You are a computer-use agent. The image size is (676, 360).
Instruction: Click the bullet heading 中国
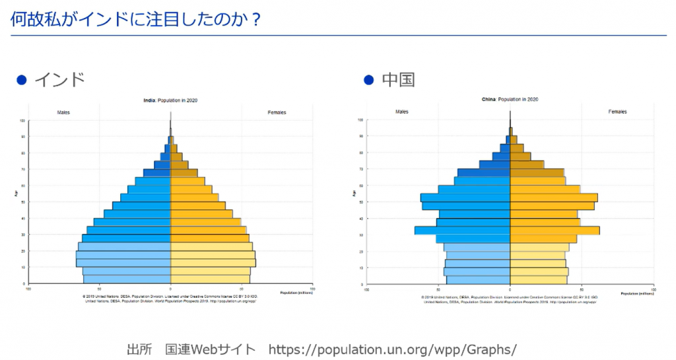(398, 80)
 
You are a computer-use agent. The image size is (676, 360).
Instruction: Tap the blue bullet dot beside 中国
(369, 80)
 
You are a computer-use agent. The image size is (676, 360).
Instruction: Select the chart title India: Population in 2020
(170, 100)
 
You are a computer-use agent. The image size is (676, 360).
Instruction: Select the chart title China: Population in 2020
(510, 99)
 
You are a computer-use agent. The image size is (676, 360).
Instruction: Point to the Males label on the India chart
(63, 112)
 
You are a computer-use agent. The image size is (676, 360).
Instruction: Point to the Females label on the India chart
(277, 112)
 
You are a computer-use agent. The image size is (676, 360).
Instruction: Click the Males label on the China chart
(402, 112)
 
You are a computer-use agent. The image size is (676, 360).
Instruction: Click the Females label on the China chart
(617, 112)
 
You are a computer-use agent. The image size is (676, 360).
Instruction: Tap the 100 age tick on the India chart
(22, 121)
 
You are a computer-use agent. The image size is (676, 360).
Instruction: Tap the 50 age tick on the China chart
(360, 202)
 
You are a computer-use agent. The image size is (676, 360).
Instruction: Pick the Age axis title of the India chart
(15, 193)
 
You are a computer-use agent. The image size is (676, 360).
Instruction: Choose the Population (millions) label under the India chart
(296, 292)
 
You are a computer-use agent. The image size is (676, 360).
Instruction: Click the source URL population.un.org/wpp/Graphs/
(392, 349)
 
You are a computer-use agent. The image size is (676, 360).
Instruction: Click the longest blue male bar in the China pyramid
(462, 231)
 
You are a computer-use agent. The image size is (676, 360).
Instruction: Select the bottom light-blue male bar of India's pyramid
(127, 279)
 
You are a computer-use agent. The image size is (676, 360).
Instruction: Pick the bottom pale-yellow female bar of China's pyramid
(538, 280)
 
